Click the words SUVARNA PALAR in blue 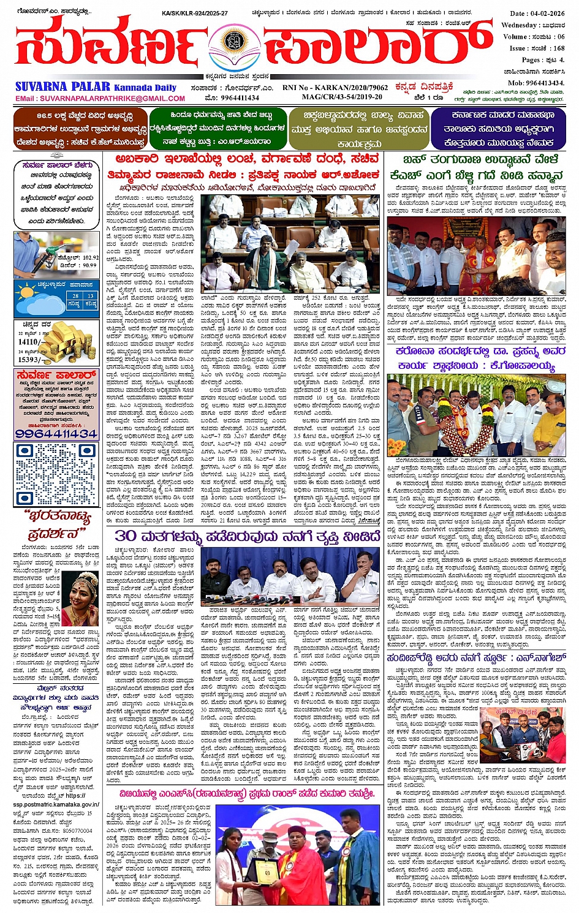[62, 87]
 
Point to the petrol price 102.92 [90, 258]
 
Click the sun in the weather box [26, 289]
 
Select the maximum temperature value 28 [75, 295]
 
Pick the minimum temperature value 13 [90, 295]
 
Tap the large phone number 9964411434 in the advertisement [56, 433]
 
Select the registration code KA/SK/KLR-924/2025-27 [195, 13]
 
